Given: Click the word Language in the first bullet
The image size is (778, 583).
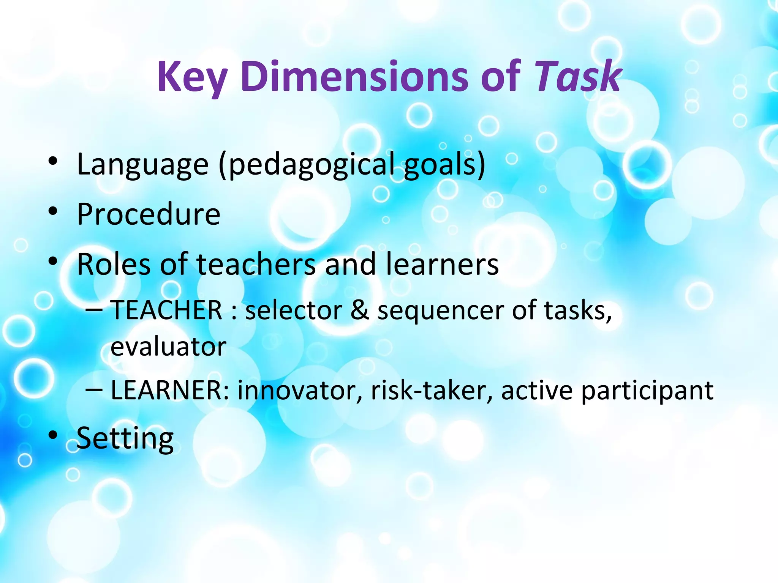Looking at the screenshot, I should (x=143, y=165).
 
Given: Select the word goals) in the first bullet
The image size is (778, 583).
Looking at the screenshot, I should (x=444, y=164).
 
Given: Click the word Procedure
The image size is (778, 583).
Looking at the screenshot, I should (x=149, y=214).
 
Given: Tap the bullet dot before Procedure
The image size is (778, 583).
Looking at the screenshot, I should (x=53, y=211).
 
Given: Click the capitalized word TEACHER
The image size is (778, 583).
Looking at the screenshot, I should (x=166, y=310).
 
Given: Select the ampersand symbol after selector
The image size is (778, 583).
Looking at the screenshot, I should (x=359, y=310).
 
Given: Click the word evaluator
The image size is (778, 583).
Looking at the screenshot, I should (x=168, y=347).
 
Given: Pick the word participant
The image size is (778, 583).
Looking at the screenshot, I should (x=647, y=391).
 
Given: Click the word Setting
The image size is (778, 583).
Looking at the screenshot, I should (x=125, y=439).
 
